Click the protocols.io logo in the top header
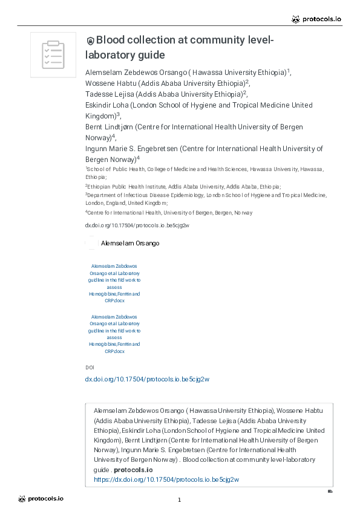[316, 19]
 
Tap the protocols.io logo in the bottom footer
[41, 499]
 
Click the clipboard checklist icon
[53, 54]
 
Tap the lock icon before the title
[90, 41]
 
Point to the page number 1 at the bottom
[180, 500]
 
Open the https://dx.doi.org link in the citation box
[166, 479]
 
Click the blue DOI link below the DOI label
[147, 379]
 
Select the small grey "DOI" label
[90, 367]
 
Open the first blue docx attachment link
[114, 283]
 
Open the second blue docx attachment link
[114, 334]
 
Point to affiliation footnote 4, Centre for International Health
[170, 213]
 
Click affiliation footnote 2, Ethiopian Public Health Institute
[184, 187]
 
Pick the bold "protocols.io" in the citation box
[133, 470]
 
